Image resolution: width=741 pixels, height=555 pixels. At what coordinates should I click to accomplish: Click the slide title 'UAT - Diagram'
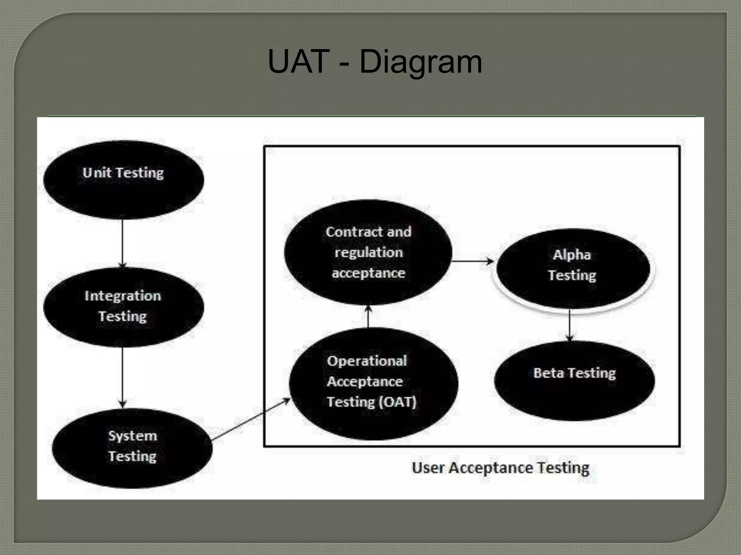click(x=374, y=62)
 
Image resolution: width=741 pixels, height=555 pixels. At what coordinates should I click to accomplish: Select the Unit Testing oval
click(x=123, y=180)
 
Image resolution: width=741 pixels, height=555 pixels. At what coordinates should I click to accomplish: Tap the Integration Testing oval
click(x=123, y=307)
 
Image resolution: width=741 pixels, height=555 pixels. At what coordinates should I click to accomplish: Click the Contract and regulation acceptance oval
click(x=368, y=252)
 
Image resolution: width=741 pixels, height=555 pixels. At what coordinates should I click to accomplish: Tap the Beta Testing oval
click(x=574, y=380)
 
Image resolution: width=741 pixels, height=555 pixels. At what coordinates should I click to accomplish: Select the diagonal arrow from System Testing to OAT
click(x=250, y=419)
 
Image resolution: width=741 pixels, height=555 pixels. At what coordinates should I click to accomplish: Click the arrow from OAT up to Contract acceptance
click(x=368, y=316)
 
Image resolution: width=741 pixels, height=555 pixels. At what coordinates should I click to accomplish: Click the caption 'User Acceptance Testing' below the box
click(x=500, y=468)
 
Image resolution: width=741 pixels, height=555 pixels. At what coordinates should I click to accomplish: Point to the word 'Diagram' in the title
click(x=420, y=62)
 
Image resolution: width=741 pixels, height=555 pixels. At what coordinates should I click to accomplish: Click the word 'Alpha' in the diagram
click(x=572, y=255)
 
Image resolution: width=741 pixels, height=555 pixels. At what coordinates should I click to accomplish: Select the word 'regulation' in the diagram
click(x=368, y=252)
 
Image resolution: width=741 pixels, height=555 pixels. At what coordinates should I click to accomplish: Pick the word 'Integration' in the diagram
click(x=123, y=296)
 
